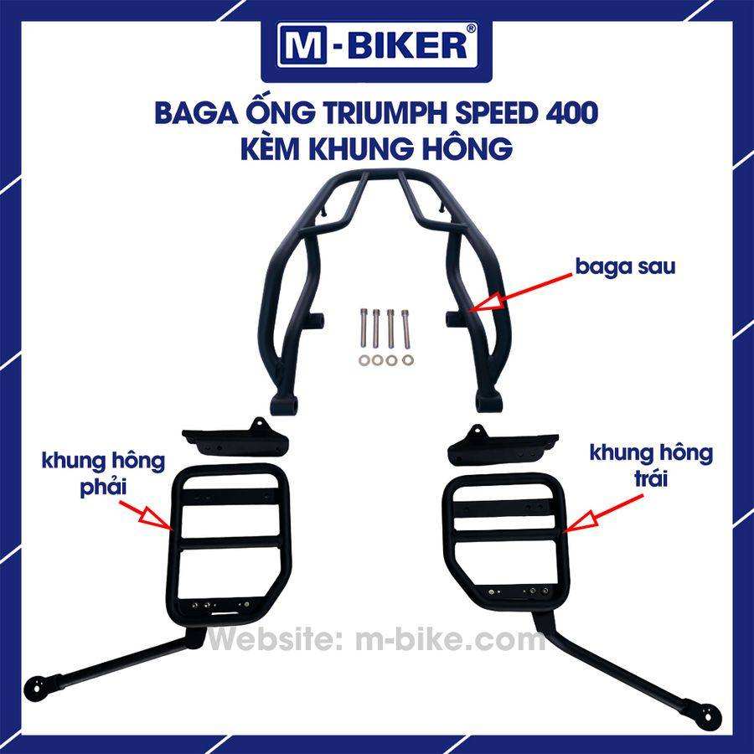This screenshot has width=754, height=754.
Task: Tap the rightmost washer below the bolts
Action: [408, 359]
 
